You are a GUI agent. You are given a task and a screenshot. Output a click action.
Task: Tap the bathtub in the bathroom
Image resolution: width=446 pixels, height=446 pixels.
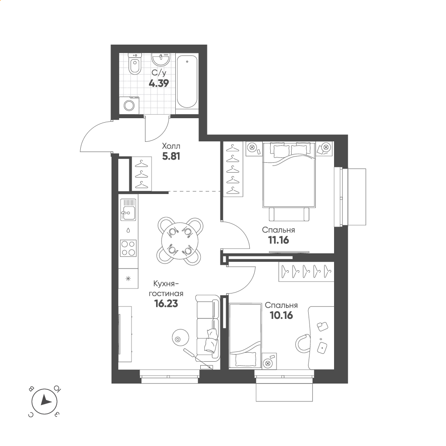pos(187,82)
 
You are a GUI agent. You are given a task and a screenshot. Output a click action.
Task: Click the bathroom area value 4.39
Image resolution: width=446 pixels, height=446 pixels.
pos(159,83)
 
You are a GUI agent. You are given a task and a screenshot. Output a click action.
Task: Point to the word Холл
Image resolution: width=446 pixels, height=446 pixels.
pos(171,146)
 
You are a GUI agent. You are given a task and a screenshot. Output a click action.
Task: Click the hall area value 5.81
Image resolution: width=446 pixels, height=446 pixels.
pos(171,156)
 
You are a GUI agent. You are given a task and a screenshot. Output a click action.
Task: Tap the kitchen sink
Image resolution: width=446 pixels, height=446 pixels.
pos(128,209)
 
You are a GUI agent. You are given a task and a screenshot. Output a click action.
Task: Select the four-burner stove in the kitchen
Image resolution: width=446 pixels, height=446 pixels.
pos(128,248)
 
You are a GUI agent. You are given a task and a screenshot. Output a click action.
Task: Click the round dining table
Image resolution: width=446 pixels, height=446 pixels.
pos(179,241)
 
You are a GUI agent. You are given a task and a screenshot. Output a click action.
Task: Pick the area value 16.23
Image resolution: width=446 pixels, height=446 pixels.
pos(166,304)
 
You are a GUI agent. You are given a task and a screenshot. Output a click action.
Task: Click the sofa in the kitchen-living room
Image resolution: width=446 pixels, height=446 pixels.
pos(208,328)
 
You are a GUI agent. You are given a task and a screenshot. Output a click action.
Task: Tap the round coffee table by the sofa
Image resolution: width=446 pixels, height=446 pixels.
pos(180,338)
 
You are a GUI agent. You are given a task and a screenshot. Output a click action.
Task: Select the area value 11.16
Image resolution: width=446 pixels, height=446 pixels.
pos(278,240)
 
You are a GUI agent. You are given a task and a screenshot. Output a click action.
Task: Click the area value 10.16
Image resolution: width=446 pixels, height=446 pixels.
pos(281,315)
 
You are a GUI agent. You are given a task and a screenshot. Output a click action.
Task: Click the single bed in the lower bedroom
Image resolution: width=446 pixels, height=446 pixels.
pos(245,336)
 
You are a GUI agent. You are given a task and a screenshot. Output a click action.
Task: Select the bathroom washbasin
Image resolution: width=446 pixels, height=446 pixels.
pos(161,59)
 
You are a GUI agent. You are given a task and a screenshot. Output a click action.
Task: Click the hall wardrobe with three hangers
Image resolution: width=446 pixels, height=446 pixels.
pos(142,173)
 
